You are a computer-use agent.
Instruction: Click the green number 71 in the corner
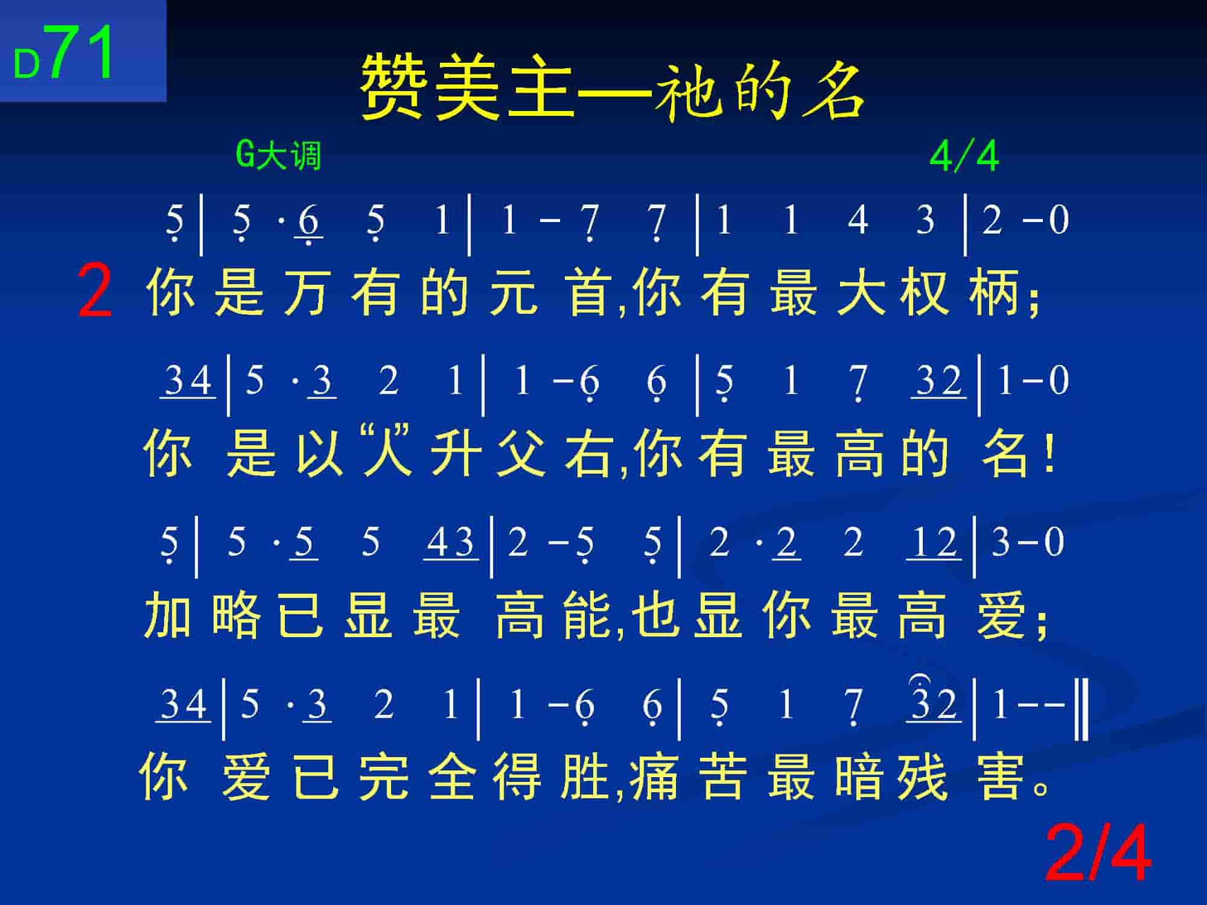[82, 52]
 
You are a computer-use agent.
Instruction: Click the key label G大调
[278, 156]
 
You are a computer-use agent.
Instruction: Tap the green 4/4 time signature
[964, 156]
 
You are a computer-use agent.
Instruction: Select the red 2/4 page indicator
[1098, 854]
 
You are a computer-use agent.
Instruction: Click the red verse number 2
[95, 293]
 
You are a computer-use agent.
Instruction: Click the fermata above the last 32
[920, 679]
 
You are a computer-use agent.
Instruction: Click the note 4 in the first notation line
[858, 220]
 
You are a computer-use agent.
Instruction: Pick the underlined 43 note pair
[451, 542]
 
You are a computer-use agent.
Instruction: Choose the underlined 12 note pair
[934, 542]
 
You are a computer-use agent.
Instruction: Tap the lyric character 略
[237, 615]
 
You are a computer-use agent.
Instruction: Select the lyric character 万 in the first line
[306, 292]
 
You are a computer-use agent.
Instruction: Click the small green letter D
[27, 65]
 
